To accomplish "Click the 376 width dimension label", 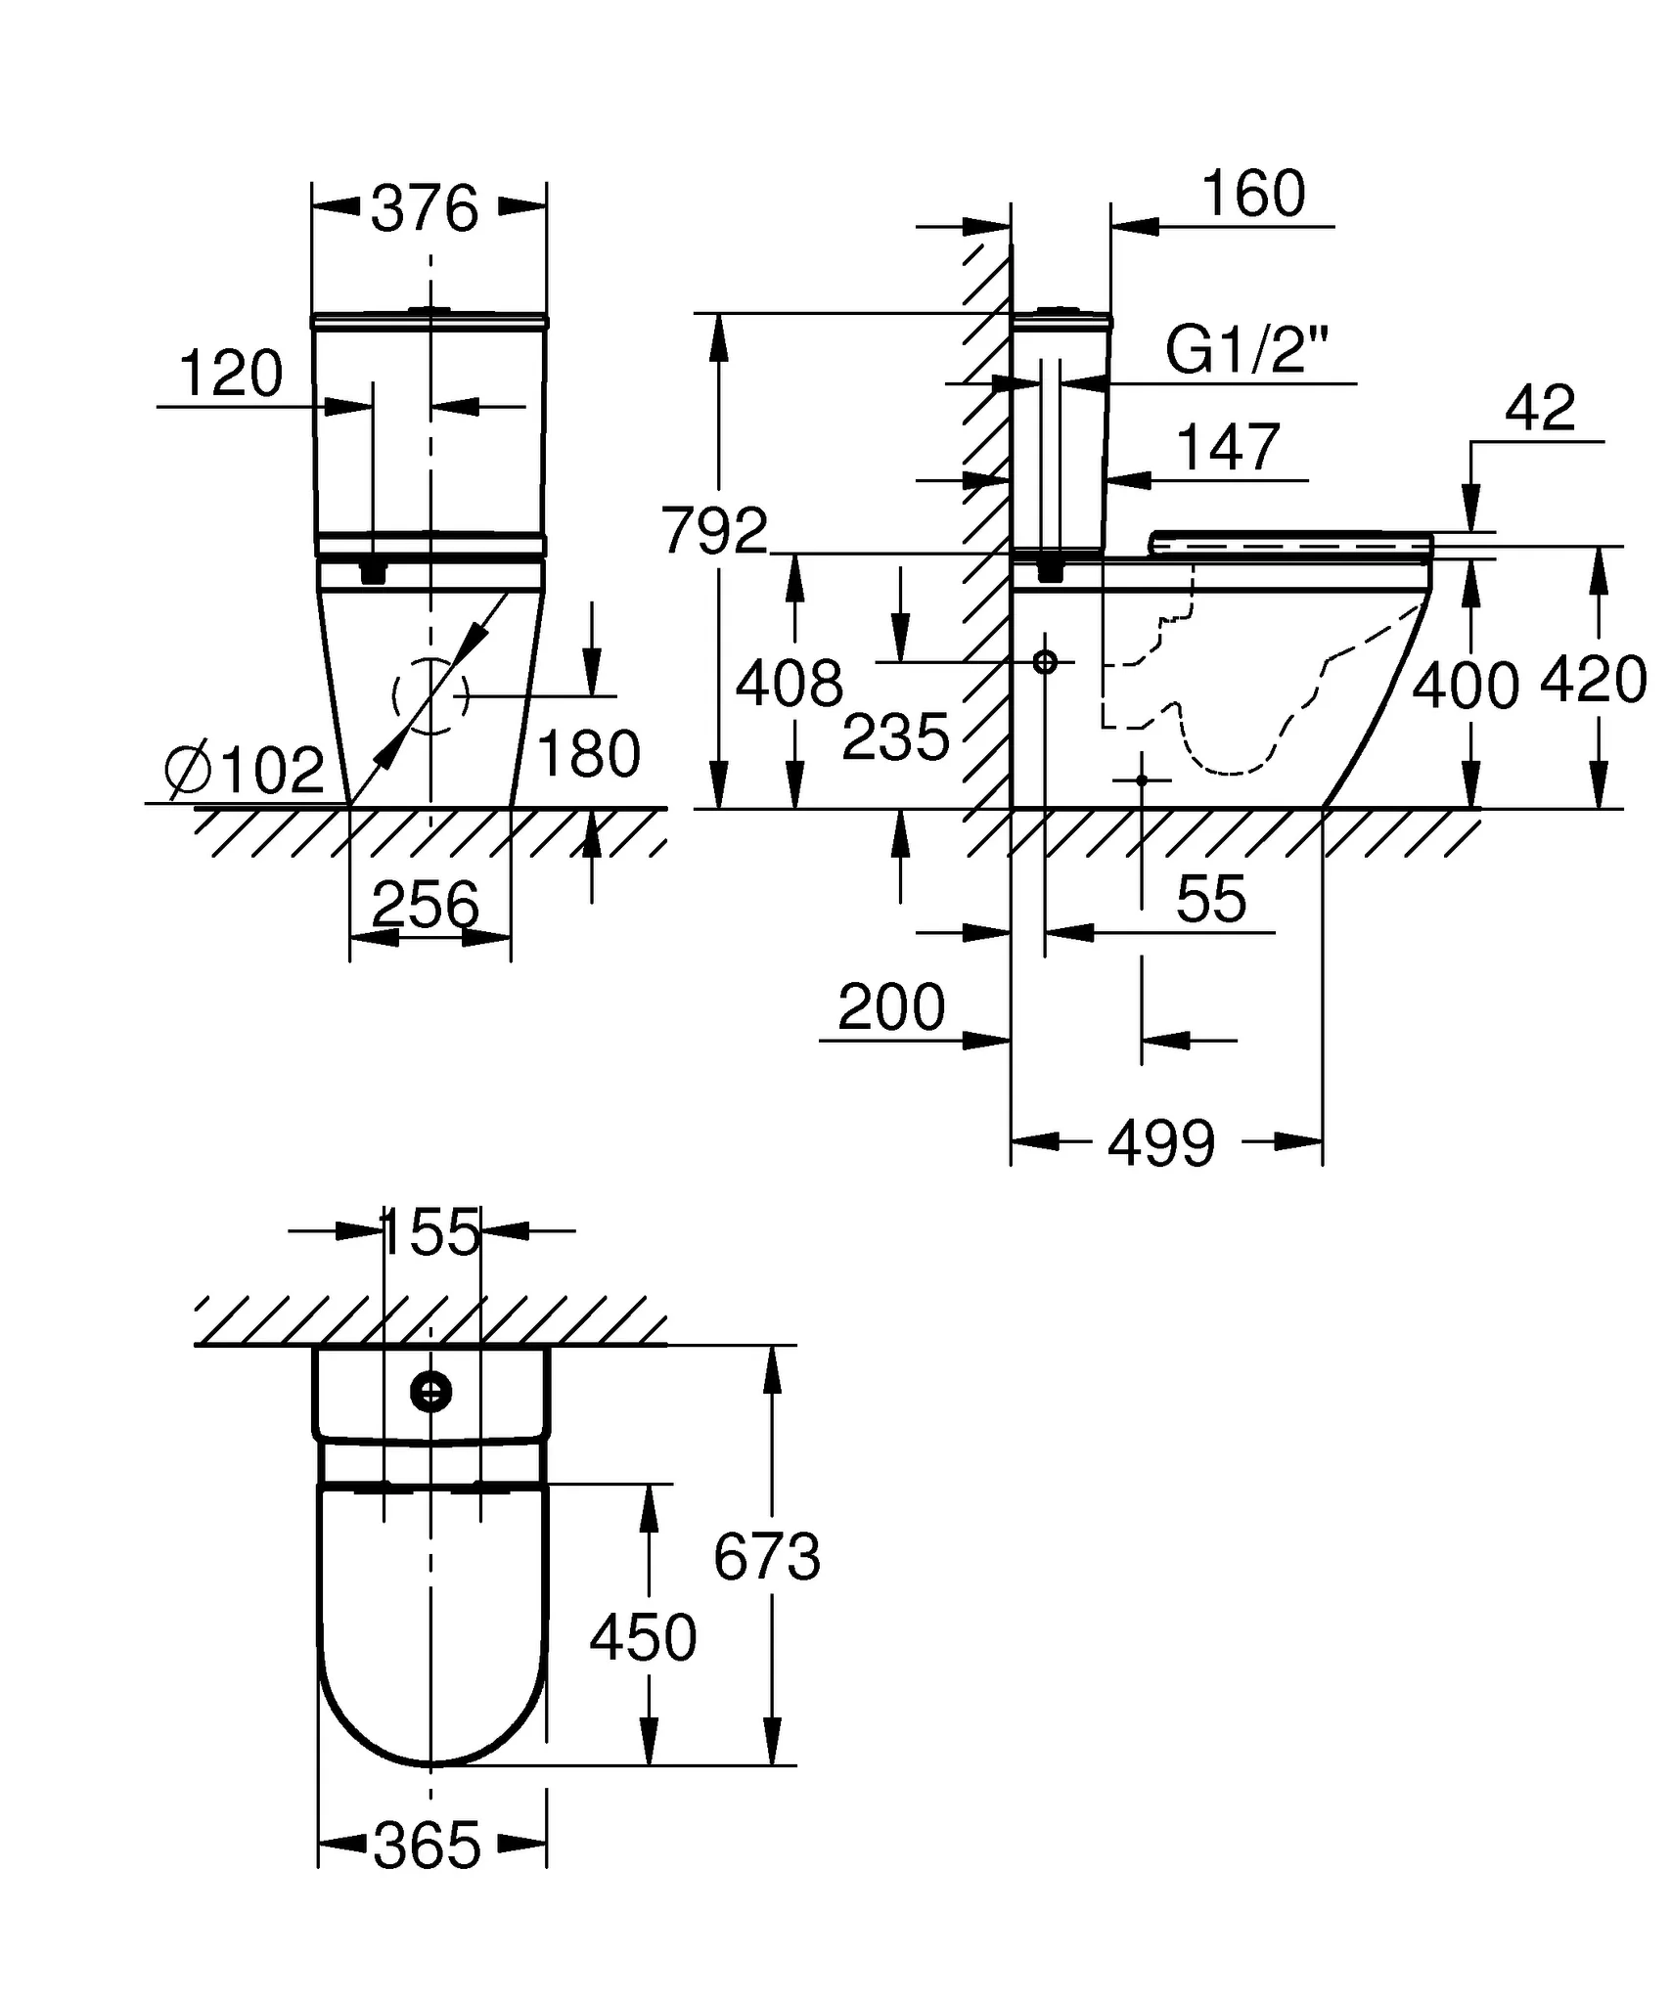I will coord(425,208).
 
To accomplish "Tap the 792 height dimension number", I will coord(714,531).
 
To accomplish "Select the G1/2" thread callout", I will coord(1247,349).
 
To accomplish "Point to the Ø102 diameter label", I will coord(246,770).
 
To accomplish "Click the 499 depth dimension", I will coord(1161,1142).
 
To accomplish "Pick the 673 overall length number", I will coord(766,1556).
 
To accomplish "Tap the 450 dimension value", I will coord(643,1638).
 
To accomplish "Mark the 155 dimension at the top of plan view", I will coord(430,1231).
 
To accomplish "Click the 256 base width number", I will coord(427,904).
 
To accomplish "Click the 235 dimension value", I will coord(895,736).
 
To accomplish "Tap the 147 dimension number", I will coord(1228,448).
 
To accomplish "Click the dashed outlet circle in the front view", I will coord(430,696).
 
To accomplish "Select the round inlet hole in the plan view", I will coord(430,1391).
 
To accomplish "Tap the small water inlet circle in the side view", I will coord(1045,662).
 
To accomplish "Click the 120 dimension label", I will coord(231,374).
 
